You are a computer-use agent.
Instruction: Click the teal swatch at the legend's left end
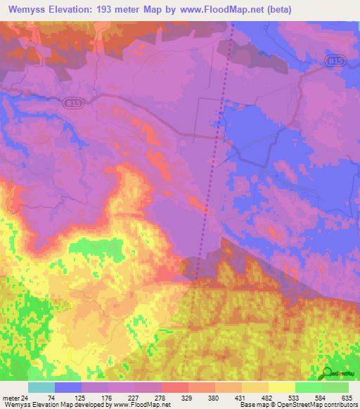41,387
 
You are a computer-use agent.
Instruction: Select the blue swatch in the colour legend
68,387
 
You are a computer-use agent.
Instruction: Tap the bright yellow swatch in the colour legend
281,387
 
